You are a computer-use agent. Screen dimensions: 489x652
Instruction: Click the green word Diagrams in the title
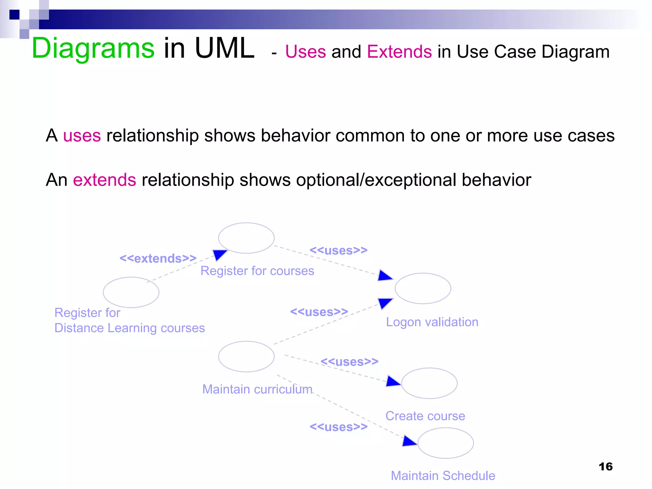93,48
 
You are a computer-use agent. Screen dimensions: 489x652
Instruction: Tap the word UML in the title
224,48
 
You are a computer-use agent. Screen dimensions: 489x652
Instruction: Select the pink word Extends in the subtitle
399,52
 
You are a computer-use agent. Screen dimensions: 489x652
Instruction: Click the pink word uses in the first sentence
82,136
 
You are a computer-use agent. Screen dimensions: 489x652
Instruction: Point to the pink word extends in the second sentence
104,180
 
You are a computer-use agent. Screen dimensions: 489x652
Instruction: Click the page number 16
605,466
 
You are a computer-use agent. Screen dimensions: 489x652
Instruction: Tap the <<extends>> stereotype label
158,258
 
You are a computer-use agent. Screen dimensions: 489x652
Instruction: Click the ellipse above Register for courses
246,238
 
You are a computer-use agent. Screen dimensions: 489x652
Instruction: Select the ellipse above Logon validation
423,288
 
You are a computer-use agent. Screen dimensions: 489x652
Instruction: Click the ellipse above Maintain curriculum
246,357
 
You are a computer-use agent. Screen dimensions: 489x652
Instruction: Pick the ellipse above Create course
429,383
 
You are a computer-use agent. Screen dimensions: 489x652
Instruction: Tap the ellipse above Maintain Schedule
445,443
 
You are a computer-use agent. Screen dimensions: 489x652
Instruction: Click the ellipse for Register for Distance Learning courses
131,292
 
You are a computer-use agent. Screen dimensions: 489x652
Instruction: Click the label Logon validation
432,322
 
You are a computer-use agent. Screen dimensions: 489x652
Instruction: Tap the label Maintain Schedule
443,476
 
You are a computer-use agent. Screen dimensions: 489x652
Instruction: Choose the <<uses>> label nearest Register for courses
338,250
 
